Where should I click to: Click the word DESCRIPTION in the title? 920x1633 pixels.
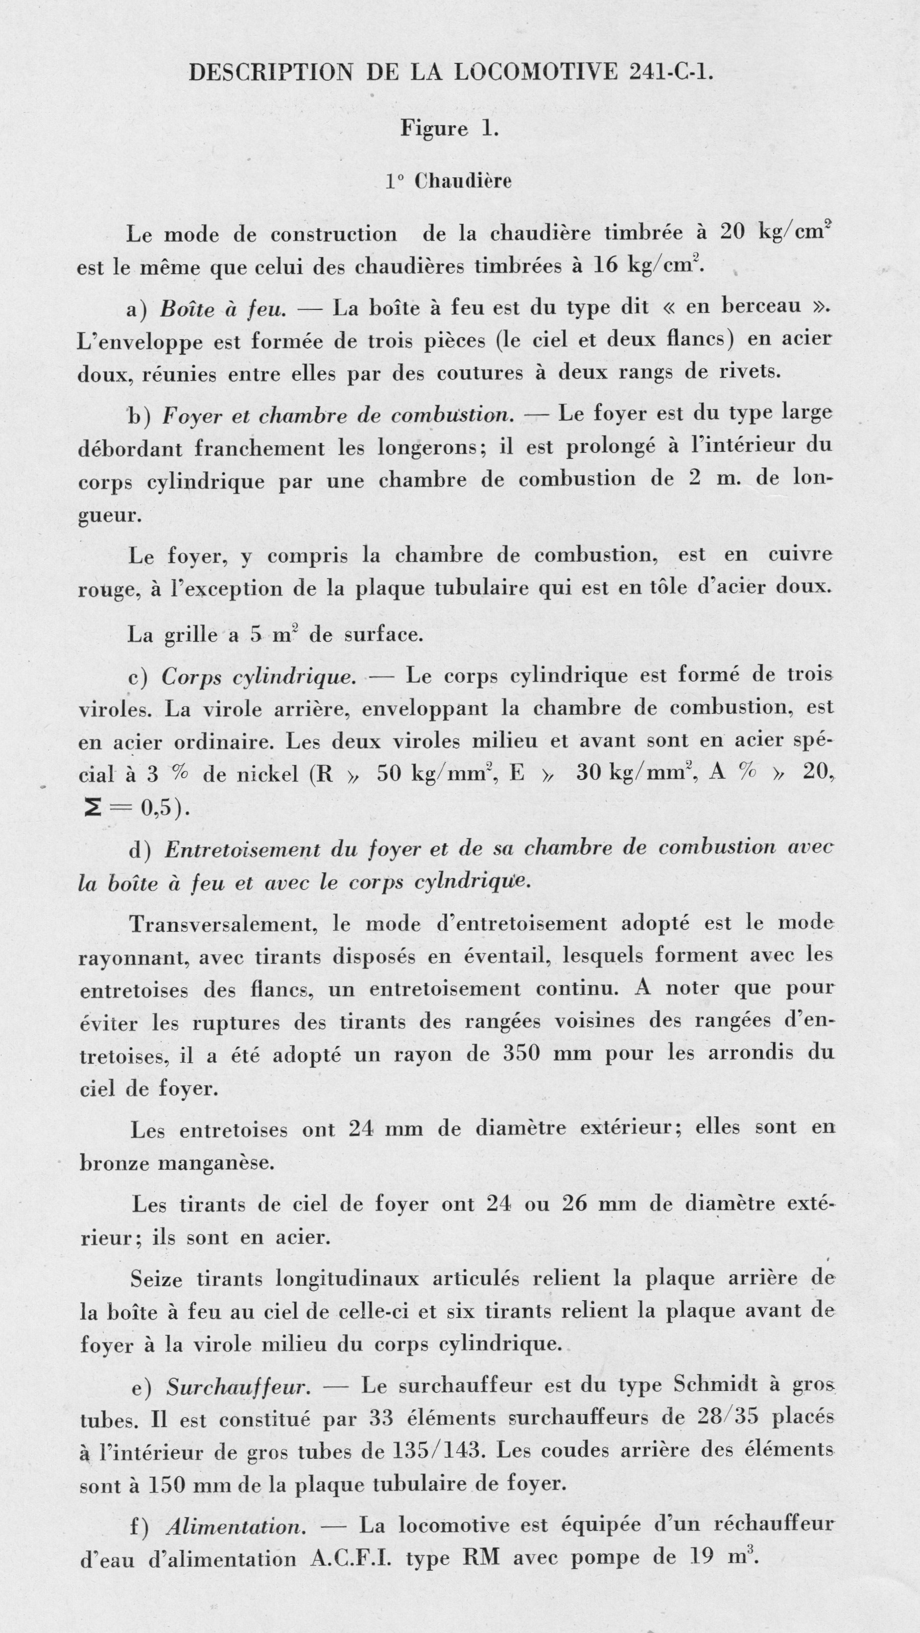click(x=271, y=73)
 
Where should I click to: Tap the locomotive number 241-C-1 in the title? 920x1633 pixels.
click(x=671, y=73)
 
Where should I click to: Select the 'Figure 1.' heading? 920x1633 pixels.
click(x=450, y=129)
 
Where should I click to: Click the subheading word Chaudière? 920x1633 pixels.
click(x=463, y=181)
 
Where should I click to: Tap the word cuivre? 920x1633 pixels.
click(x=800, y=555)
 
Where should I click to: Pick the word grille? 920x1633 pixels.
click(x=190, y=635)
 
